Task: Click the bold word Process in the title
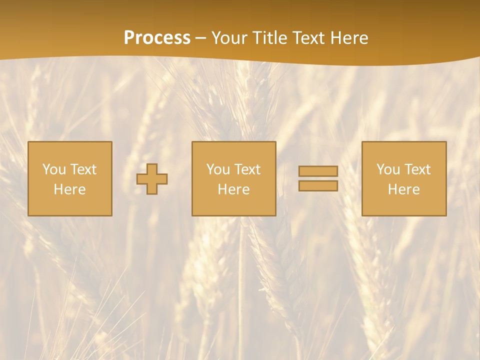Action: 157,38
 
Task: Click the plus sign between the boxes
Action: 152,179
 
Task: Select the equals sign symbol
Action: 318,178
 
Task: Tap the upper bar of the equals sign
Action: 318,171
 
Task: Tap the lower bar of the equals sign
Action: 318,186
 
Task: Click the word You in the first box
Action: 54,169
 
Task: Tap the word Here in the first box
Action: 70,189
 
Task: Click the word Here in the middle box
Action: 233,189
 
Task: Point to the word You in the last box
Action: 388,169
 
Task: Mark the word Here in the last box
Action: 404,189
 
